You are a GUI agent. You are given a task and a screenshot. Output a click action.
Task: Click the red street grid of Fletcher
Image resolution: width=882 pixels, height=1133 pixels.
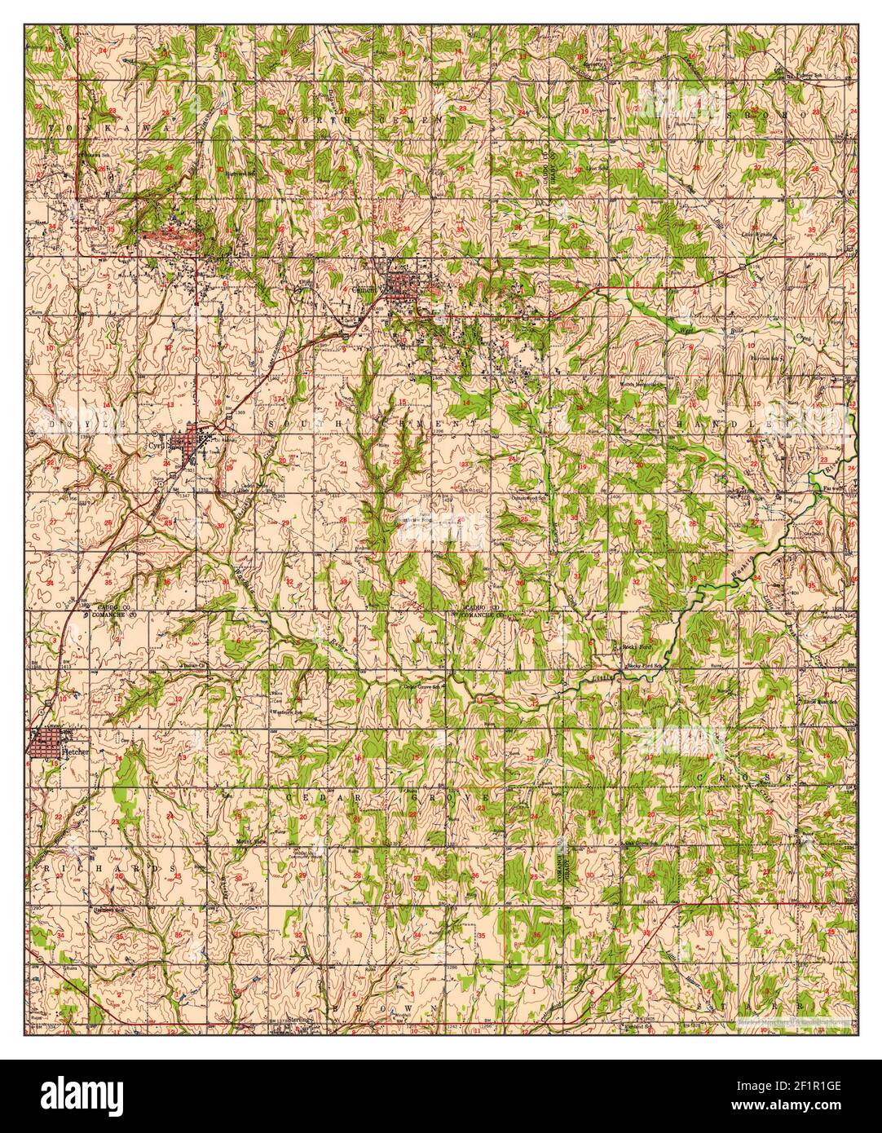click(45, 744)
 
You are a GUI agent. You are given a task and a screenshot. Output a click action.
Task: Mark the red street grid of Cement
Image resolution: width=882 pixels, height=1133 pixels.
click(399, 283)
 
